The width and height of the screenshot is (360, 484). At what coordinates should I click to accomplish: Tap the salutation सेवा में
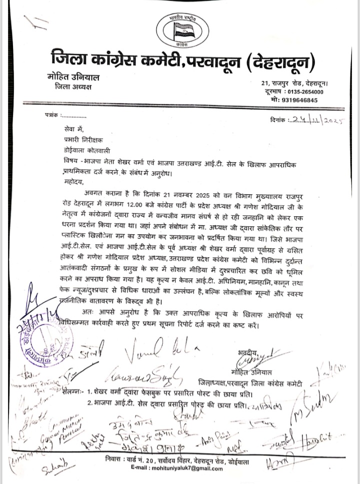click(x=71, y=130)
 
